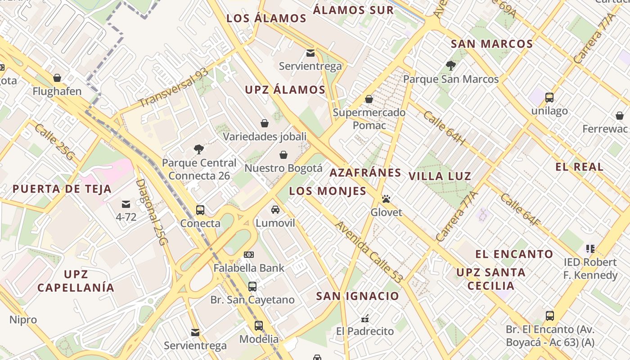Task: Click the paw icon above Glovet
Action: pyautogui.click(x=386, y=198)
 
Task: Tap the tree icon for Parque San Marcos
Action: pyautogui.click(x=450, y=66)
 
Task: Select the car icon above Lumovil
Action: pyautogui.click(x=275, y=210)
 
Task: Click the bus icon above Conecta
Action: pyautogui.click(x=200, y=210)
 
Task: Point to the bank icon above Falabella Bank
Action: pyautogui.click(x=249, y=255)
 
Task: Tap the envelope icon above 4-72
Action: pyautogui.click(x=126, y=204)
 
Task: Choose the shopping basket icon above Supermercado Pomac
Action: pyautogui.click(x=369, y=99)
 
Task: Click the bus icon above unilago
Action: pyautogui.click(x=549, y=97)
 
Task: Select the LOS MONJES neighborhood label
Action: pyautogui.click(x=328, y=191)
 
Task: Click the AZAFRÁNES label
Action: pyautogui.click(x=365, y=173)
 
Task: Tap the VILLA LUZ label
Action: pyautogui.click(x=440, y=176)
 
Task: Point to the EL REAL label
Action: pyautogui.click(x=579, y=167)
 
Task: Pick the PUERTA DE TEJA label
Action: pyautogui.click(x=62, y=189)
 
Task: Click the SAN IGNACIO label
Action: pyautogui.click(x=357, y=296)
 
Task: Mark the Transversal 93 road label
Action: pyautogui.click(x=173, y=88)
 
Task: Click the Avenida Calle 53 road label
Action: pyautogui.click(x=368, y=252)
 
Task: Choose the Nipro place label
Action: pyautogui.click(x=23, y=320)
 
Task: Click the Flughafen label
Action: pyautogui.click(x=57, y=91)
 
